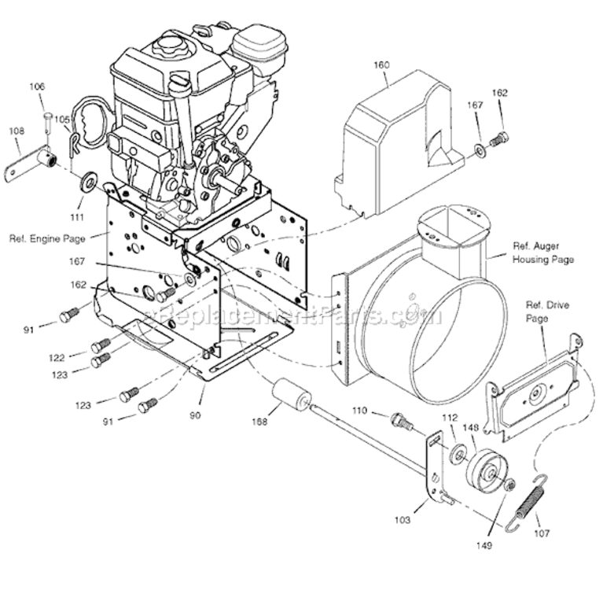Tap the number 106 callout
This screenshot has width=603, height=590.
[x=38, y=86]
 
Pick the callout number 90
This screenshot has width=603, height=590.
[x=194, y=415]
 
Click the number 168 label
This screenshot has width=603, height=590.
[x=259, y=422]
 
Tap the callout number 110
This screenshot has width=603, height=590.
[x=358, y=410]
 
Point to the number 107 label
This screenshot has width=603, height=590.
[x=541, y=533]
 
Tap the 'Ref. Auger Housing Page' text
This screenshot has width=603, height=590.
[x=542, y=252]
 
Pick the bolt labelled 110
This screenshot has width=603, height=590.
[x=403, y=422]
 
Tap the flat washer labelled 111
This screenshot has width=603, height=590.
[x=90, y=184]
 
